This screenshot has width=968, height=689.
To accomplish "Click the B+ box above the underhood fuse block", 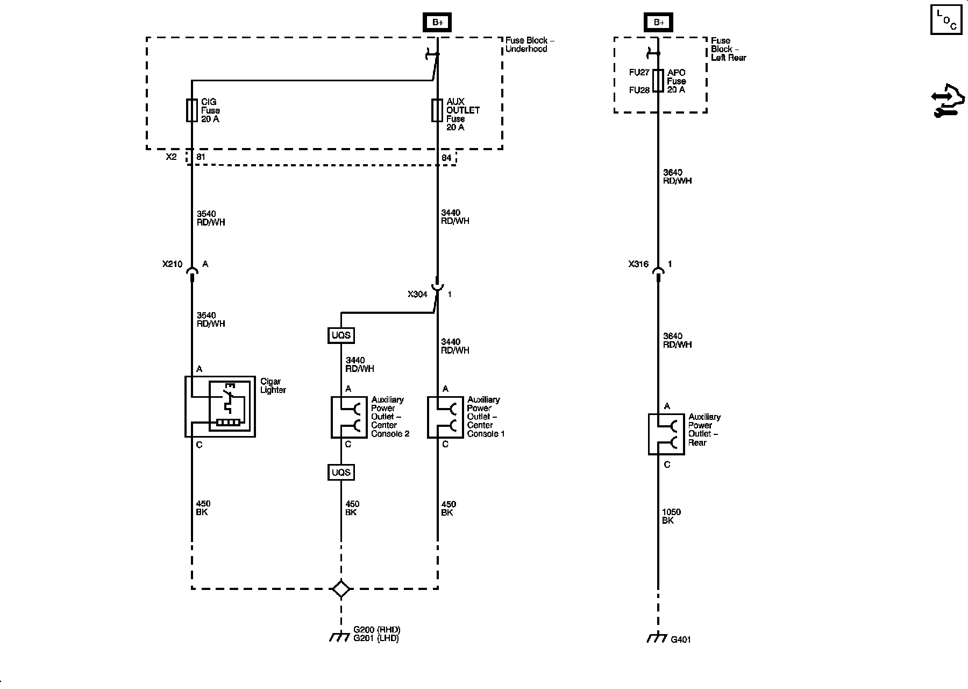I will click(437, 23).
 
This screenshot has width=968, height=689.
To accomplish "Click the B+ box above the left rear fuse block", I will click(659, 23).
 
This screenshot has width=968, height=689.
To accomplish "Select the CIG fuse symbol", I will click(191, 110).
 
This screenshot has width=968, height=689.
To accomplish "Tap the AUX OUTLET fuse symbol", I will click(437, 110).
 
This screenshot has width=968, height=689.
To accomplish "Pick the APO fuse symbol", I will click(658, 81).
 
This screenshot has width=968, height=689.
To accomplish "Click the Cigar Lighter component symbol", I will click(220, 406).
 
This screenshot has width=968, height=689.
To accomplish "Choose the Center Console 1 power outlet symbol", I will click(445, 417).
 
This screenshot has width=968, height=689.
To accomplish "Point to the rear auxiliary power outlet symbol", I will click(666, 434).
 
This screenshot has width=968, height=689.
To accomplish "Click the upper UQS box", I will click(341, 335).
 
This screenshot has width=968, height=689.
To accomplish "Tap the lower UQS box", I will click(341, 473).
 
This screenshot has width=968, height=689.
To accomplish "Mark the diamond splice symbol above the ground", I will click(341, 588).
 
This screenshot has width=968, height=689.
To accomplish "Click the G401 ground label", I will click(681, 639).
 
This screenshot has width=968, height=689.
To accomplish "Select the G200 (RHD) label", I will click(377, 630).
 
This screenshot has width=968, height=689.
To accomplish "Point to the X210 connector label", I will click(172, 264).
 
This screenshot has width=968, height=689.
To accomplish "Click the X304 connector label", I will click(417, 294).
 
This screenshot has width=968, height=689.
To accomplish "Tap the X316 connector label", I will click(638, 264).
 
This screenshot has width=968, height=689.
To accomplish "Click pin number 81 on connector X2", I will click(201, 158).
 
